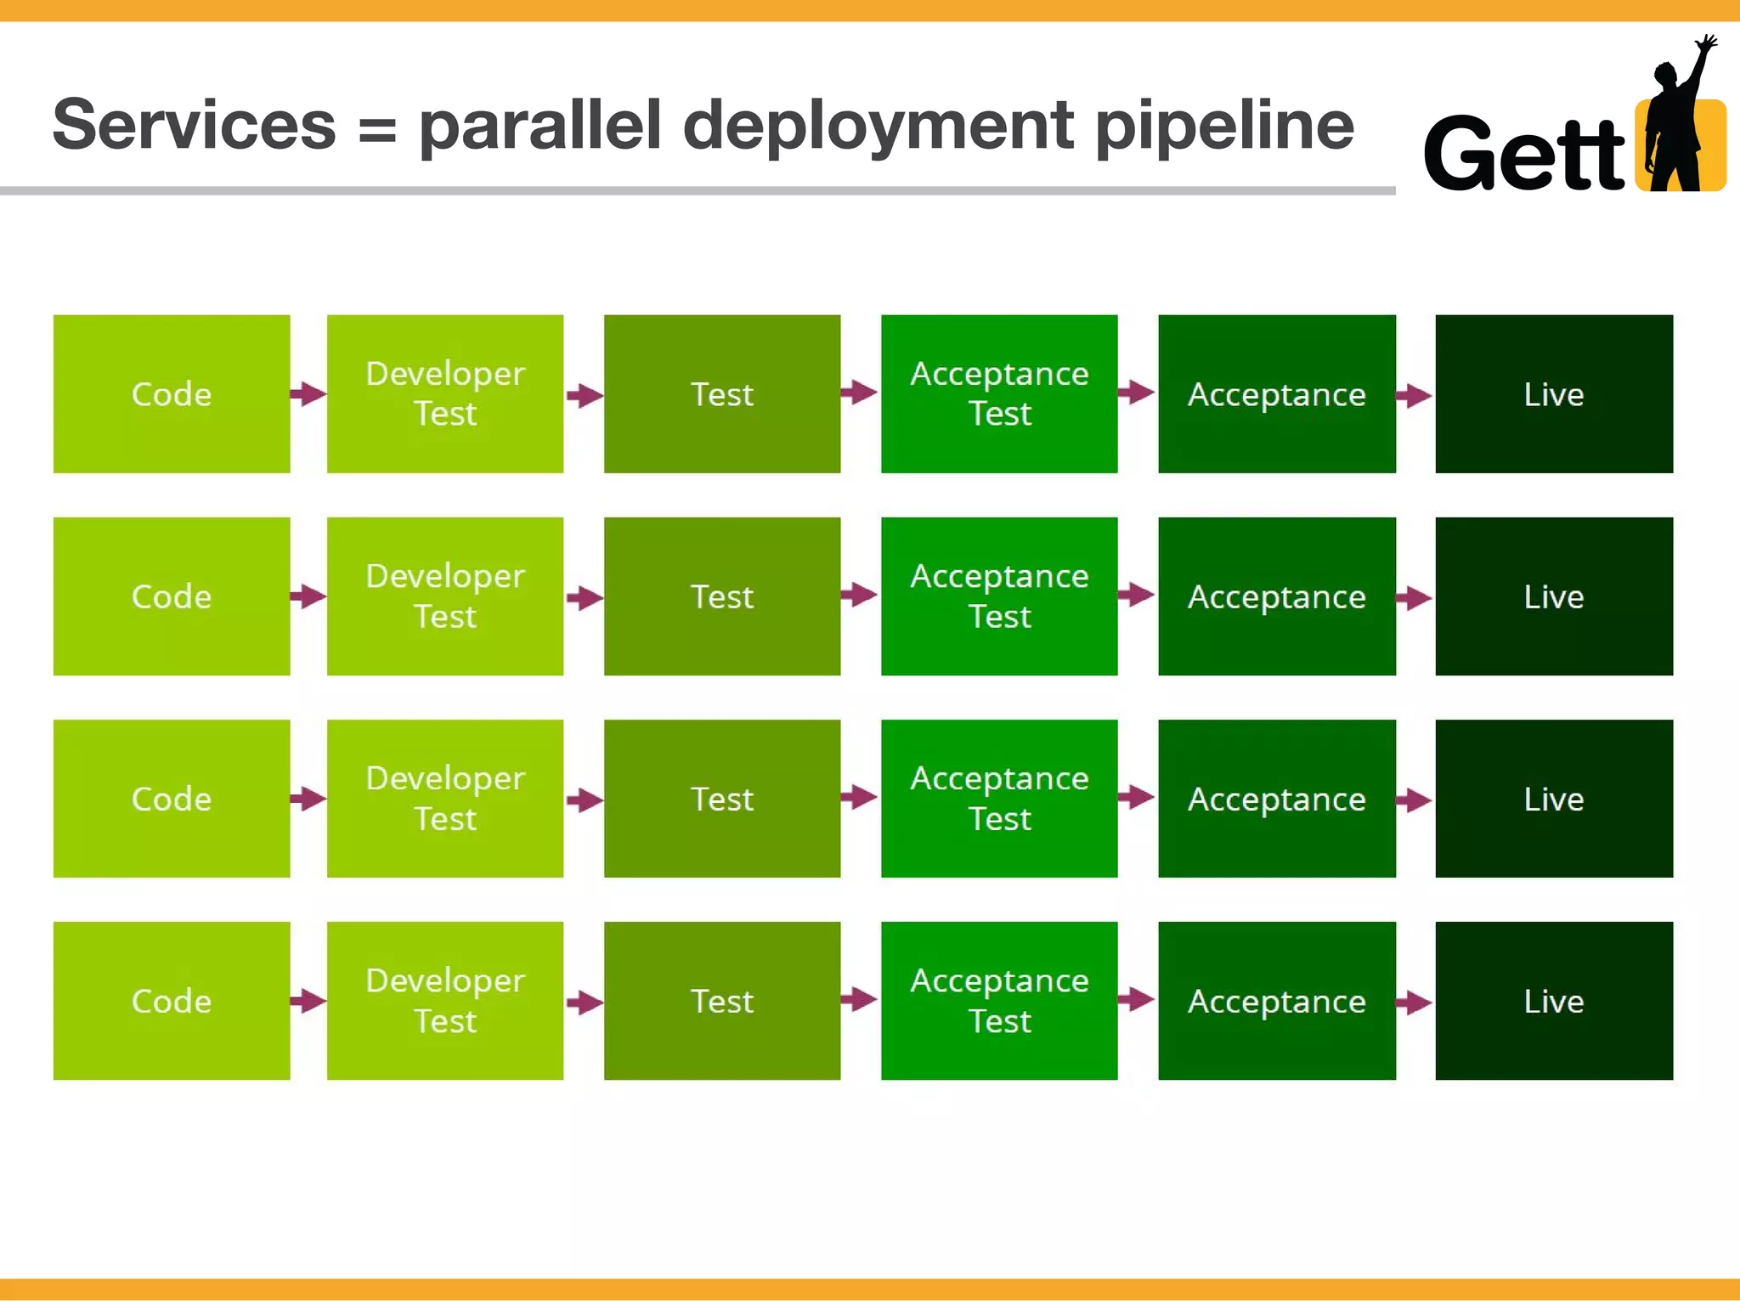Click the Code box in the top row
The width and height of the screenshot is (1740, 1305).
coord(171,393)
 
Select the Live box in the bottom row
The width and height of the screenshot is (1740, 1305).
coord(1553,1000)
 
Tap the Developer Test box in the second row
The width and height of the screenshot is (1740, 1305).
coord(444,596)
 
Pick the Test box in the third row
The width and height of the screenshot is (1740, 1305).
coord(721,798)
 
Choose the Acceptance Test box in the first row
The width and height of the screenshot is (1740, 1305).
coord(999,393)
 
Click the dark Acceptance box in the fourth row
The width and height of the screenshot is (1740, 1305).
coord(1276,1000)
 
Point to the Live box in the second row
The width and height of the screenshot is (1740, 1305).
coord(1553,596)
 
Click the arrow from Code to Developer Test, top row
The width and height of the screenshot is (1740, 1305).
coord(308,393)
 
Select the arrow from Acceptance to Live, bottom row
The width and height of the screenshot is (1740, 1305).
coord(1415,1003)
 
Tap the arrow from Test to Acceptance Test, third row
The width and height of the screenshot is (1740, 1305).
coord(860,797)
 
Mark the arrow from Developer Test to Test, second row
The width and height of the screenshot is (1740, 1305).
coord(585,597)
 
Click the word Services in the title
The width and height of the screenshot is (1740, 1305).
coord(195,125)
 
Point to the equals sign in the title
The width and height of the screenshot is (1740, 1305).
coord(376,132)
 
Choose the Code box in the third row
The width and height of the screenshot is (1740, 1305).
coord(171,798)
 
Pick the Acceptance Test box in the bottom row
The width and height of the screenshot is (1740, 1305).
coord(999,1000)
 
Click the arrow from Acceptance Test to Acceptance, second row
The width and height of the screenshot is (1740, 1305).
coord(1137,594)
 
